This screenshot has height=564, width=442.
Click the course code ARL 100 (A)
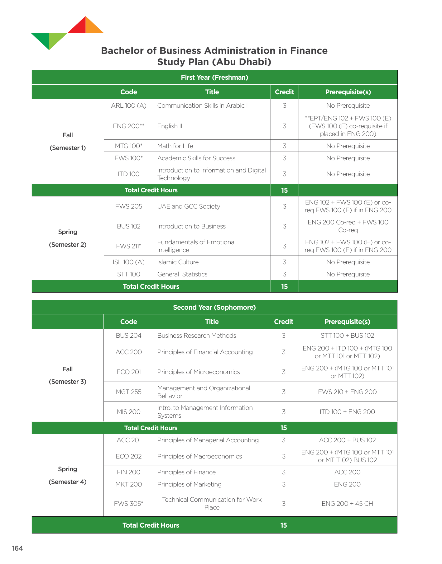(128, 106)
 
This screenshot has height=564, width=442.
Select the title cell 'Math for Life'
(175, 146)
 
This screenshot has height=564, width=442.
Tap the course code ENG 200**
(128, 126)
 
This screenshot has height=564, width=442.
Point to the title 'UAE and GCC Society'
(188, 206)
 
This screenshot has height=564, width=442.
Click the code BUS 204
(128, 336)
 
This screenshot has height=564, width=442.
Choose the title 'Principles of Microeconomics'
(198, 372)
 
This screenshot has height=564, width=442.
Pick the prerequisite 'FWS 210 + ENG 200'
(347, 392)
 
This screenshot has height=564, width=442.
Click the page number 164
(17, 548)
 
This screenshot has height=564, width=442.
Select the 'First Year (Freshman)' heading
(214, 78)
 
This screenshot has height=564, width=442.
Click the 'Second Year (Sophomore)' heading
(214, 308)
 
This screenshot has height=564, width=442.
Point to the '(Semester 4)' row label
(67, 482)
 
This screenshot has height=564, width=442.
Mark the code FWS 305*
(128, 504)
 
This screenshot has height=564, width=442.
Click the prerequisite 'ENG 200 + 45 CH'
(347, 504)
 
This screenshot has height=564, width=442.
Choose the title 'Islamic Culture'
(178, 262)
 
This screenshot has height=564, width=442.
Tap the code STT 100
(128, 274)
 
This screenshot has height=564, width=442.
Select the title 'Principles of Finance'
(186, 472)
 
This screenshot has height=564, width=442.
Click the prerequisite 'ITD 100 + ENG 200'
(347, 412)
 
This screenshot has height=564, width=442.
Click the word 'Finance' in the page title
(309, 51)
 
